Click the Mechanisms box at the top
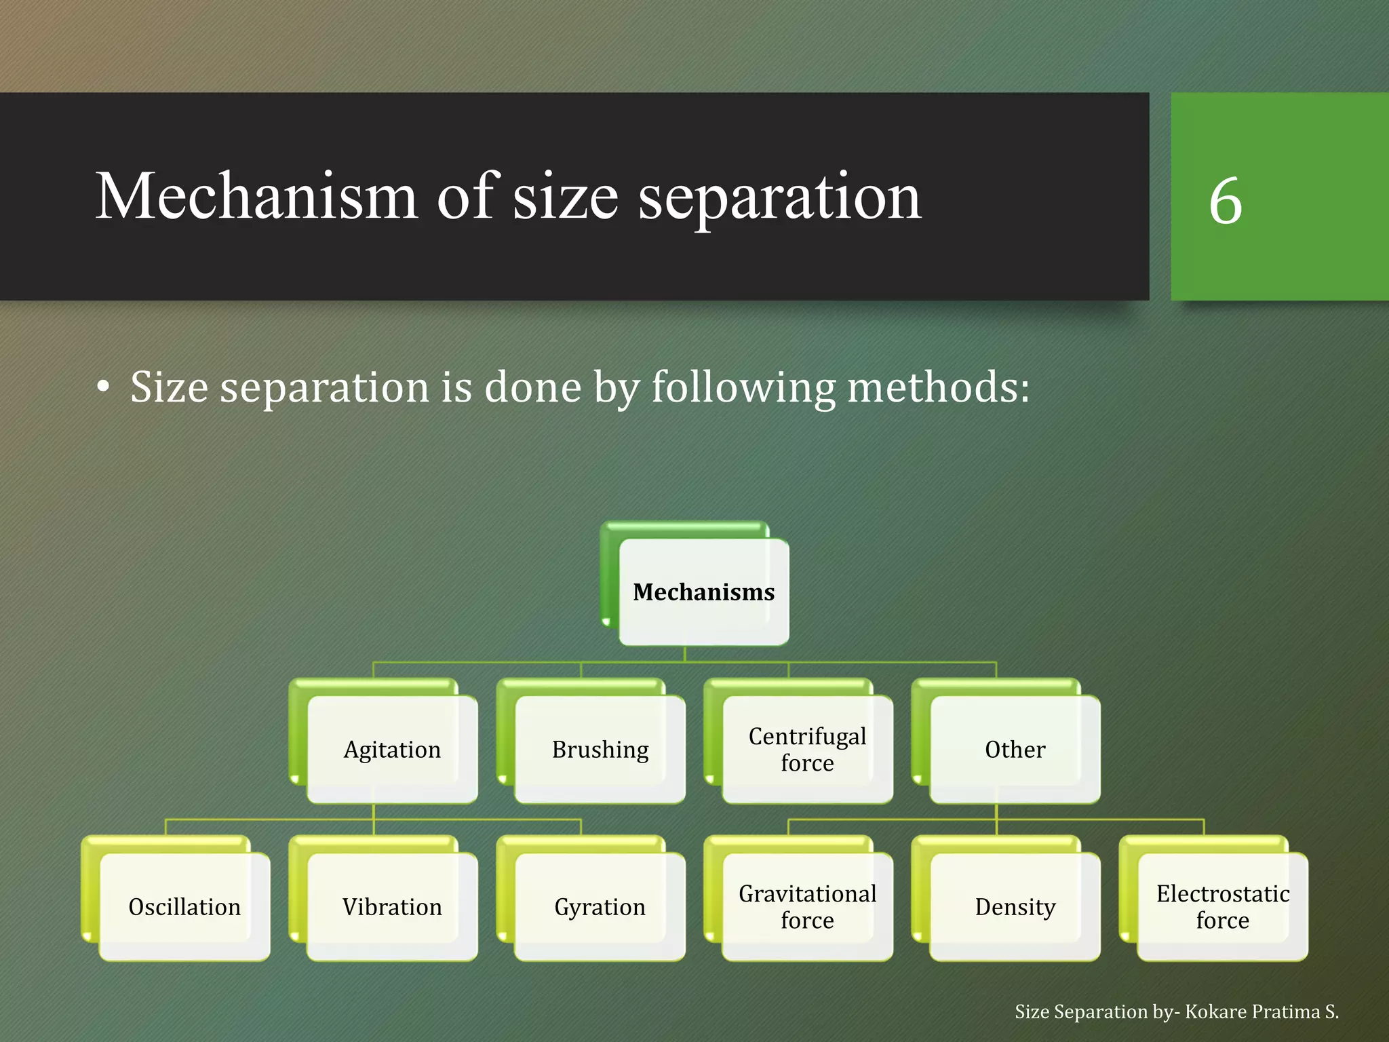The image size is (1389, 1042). click(x=703, y=592)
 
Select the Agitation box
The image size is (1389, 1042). click(x=392, y=749)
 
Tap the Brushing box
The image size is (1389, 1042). click(x=600, y=749)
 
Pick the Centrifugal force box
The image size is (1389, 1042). click(x=807, y=749)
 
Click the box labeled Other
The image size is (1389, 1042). click(x=1015, y=749)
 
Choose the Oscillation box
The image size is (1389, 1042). click(x=184, y=906)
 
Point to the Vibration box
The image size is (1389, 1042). click(x=392, y=906)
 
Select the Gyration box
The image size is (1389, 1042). click(x=600, y=906)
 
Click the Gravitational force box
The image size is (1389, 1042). click(x=807, y=906)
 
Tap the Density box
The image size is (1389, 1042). click(x=1015, y=906)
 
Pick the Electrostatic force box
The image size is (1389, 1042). click(x=1222, y=906)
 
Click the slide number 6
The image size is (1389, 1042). click(x=1225, y=201)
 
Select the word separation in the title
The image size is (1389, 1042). click(x=779, y=198)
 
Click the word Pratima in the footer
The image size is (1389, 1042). click(x=1286, y=1011)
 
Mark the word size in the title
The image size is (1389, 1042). click(x=565, y=198)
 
